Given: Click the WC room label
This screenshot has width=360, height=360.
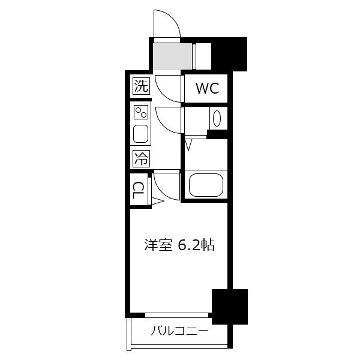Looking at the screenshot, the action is click(x=208, y=88).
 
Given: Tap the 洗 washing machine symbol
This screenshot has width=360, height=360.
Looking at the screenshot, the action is click(x=141, y=86).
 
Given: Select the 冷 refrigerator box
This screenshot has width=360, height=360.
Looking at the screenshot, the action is click(x=141, y=158).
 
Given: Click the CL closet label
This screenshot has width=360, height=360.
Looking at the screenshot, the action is click(x=138, y=190).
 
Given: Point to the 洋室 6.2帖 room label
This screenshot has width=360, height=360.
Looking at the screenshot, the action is click(x=179, y=245).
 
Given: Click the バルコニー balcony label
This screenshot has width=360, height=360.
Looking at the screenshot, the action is click(x=179, y=331).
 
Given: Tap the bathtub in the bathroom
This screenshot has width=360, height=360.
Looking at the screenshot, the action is click(x=206, y=185).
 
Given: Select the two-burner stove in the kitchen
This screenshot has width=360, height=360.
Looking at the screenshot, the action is click(x=141, y=112).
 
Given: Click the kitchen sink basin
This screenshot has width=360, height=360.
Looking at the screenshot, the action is click(x=140, y=134).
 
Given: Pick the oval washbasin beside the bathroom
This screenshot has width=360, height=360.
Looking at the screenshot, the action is click(x=217, y=118).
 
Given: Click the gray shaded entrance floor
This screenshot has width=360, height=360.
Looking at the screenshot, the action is click(x=173, y=56).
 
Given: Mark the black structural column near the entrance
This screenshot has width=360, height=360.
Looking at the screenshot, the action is click(x=229, y=54).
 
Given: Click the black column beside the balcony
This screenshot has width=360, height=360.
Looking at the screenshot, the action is click(x=230, y=307).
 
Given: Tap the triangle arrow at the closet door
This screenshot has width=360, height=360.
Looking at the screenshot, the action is click(x=158, y=202).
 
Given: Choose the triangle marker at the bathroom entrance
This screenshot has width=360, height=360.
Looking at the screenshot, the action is click(x=188, y=145).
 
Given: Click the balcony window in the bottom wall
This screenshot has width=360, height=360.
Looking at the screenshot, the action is click(x=177, y=315).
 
